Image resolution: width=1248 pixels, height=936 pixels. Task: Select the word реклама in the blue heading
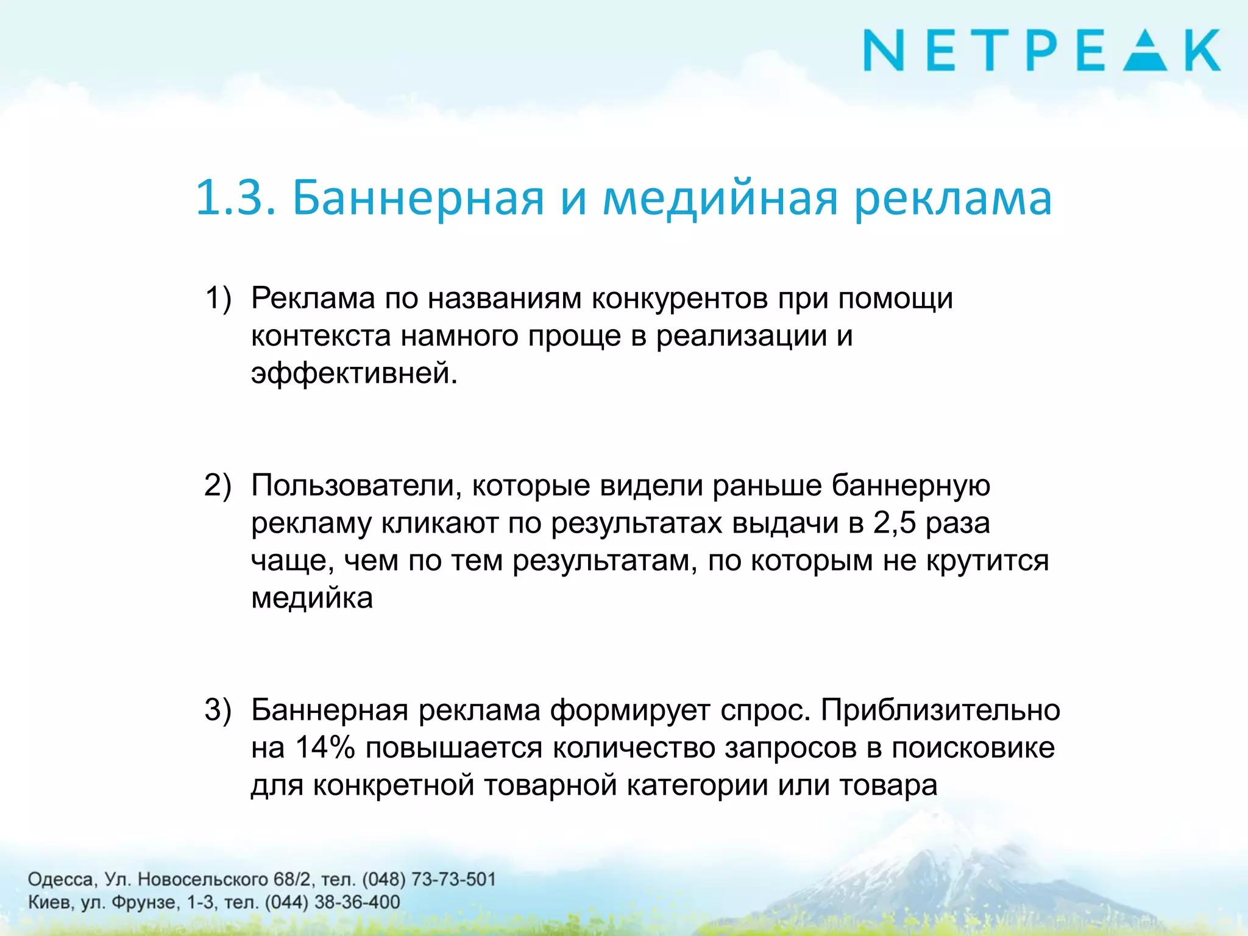click(953, 197)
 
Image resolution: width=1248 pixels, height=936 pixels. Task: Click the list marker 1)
click(218, 299)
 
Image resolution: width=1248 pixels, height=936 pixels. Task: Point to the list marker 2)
click(218, 486)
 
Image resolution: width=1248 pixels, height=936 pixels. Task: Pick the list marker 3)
click(218, 711)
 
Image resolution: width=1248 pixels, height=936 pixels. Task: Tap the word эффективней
click(353, 373)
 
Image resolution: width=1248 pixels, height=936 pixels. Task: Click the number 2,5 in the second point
click(894, 523)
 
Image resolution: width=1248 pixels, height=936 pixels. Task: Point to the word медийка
click(312, 598)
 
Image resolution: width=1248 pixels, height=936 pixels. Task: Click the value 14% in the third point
click(325, 748)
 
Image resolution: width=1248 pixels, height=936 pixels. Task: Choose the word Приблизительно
click(940, 711)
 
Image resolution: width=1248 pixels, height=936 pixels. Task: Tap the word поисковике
click(973, 748)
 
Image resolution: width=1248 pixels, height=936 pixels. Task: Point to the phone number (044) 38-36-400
click(333, 902)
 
